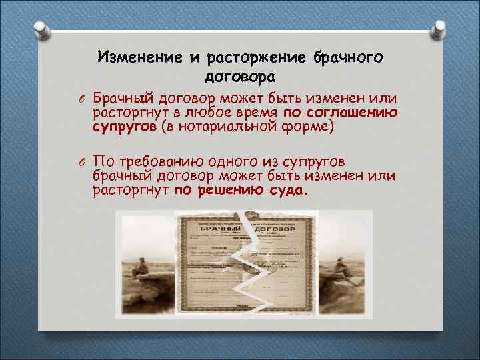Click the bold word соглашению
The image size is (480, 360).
353,112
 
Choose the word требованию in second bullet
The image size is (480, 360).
161,161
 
